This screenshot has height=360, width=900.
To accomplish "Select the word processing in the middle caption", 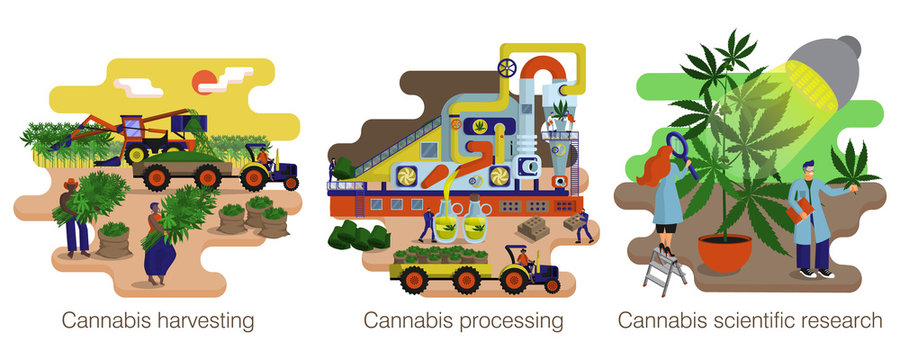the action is pyautogui.click(x=504, y=321).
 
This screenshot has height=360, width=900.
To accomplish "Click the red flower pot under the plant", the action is pyautogui.click(x=724, y=252).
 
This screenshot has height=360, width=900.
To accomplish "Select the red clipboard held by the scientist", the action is pyautogui.click(x=801, y=210).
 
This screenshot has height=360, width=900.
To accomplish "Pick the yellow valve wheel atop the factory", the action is pyautogui.click(x=508, y=69).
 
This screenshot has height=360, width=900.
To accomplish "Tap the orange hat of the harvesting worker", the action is pyautogui.click(x=70, y=184).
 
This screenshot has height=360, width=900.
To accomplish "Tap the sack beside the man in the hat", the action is pyautogui.click(x=112, y=241).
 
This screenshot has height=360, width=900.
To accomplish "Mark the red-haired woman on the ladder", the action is pyautogui.click(x=666, y=195).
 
